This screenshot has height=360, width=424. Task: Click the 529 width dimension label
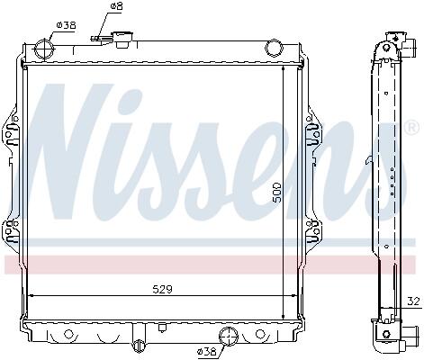(x=162, y=290)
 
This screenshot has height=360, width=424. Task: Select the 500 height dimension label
(x=276, y=192)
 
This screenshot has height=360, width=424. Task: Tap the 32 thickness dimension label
(x=413, y=301)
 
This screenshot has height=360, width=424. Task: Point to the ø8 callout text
(x=116, y=6)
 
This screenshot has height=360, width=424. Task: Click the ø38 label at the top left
(x=66, y=25)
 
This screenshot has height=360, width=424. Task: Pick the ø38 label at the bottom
(x=206, y=351)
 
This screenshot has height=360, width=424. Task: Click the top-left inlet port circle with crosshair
(x=45, y=49)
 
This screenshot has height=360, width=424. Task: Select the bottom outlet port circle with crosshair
(x=229, y=337)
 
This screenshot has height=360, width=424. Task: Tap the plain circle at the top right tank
(x=274, y=49)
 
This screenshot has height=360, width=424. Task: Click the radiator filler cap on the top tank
(x=122, y=40)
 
